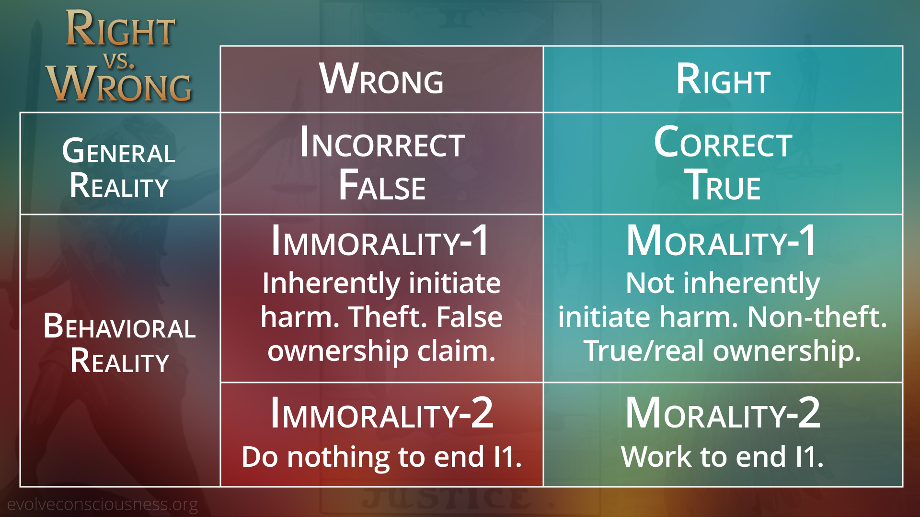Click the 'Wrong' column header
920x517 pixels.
click(381, 79)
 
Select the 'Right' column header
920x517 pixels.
click(723, 79)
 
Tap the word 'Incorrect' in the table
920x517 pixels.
click(382, 142)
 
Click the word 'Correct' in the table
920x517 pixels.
click(723, 142)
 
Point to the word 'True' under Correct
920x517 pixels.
click(723, 184)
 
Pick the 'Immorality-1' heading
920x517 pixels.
click(380, 241)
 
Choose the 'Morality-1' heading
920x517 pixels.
click(721, 241)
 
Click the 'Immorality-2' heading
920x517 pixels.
click(381, 413)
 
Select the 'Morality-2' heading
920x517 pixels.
click(723, 413)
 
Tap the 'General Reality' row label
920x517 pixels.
click(119, 168)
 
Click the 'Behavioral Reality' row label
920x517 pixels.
click(119, 343)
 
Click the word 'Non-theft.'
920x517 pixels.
click(817, 317)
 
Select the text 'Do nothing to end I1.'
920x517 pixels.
click(381, 457)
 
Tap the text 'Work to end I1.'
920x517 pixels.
click(723, 456)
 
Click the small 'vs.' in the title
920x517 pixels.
click(119, 61)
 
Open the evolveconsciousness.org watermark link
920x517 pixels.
click(102, 505)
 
